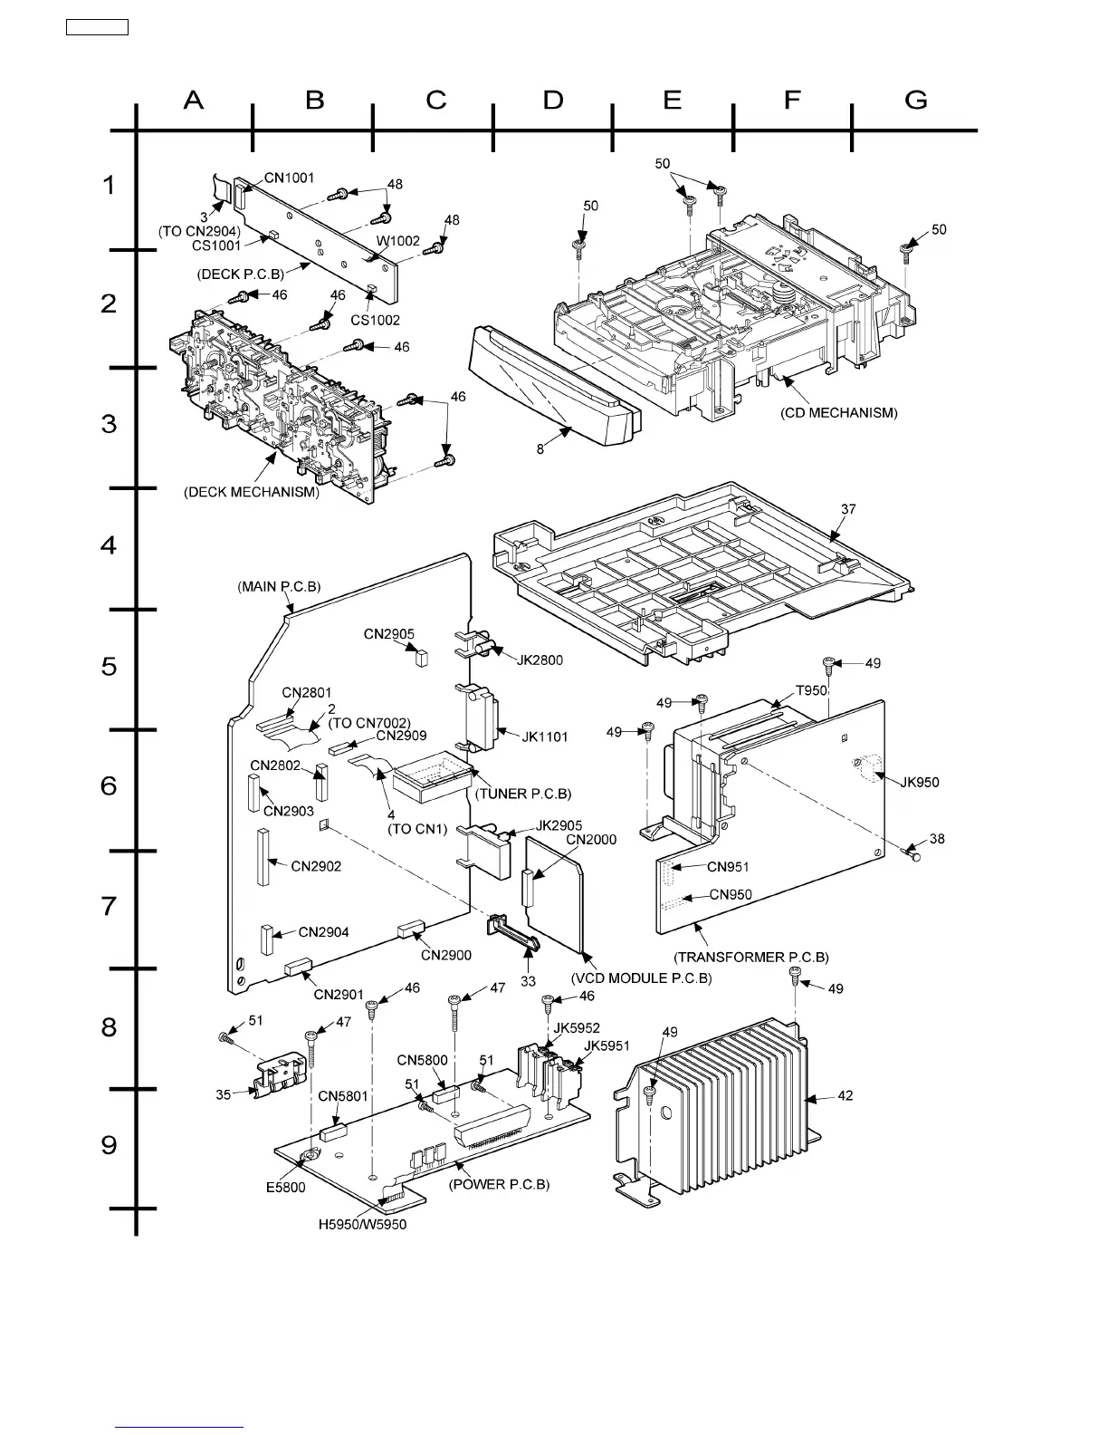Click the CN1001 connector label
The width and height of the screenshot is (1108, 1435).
[290, 178]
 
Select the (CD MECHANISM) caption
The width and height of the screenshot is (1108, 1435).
[838, 413]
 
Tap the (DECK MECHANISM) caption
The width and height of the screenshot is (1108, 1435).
[252, 493]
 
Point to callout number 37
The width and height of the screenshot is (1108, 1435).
[848, 509]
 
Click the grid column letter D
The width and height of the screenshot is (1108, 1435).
[553, 100]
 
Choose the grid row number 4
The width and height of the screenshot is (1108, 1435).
[109, 545]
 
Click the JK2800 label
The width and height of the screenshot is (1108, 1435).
[540, 660]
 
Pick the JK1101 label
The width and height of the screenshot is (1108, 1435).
[545, 737]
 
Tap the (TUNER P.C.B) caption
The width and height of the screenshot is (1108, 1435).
[523, 794]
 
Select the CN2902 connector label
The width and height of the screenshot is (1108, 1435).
[316, 866]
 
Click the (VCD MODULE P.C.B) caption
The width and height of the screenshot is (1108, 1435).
[642, 978]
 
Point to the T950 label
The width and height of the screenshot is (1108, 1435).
[811, 690]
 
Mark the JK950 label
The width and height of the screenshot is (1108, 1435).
[921, 782]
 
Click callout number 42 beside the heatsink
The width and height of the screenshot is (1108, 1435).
[845, 1095]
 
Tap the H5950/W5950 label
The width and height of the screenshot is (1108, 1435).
[362, 1224]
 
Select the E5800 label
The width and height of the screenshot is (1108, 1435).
[285, 1188]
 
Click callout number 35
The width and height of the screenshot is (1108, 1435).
[223, 1094]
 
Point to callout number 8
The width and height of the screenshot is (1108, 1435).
[540, 448]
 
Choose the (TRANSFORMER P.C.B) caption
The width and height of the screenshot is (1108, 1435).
[751, 957]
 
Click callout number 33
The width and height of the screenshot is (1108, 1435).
[528, 981]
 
